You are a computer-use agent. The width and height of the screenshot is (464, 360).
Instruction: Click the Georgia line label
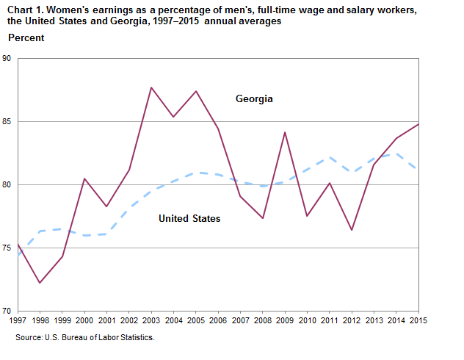point(254,98)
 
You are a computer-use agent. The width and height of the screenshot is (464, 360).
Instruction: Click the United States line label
point(189,218)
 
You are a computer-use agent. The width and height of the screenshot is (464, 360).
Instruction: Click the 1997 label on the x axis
point(17,321)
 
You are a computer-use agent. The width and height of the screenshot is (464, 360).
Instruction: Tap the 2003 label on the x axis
point(151,321)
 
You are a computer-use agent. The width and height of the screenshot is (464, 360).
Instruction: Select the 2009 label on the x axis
point(285,321)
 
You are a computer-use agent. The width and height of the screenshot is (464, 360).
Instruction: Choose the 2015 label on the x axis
point(418,321)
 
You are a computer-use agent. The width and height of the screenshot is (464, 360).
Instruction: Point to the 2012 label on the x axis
point(352,321)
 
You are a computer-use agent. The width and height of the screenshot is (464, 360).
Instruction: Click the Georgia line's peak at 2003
point(151,87)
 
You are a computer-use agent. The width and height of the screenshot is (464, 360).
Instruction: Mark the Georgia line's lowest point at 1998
point(40,283)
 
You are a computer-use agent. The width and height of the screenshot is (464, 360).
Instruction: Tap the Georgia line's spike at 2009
point(285,132)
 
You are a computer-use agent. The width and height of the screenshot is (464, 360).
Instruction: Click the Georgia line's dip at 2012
point(352,230)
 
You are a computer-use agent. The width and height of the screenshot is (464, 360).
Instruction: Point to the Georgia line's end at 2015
point(418,124)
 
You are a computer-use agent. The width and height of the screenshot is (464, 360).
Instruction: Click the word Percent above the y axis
point(26,37)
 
